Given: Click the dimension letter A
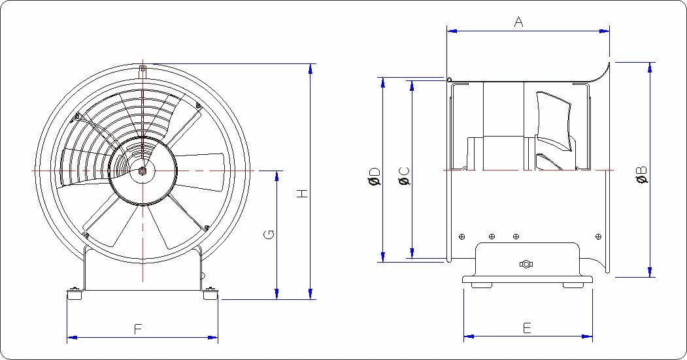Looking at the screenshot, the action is coord(519,22).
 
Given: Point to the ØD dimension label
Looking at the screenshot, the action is coord(375,176).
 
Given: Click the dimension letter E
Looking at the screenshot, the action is coord(527,328).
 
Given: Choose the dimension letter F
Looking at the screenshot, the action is coord(138,329).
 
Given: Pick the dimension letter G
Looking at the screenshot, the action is coord(269,235).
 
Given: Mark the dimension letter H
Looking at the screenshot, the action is coord(302,193).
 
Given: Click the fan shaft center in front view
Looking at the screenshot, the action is coord(143,171).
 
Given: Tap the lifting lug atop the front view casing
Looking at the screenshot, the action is coord(143,70).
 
